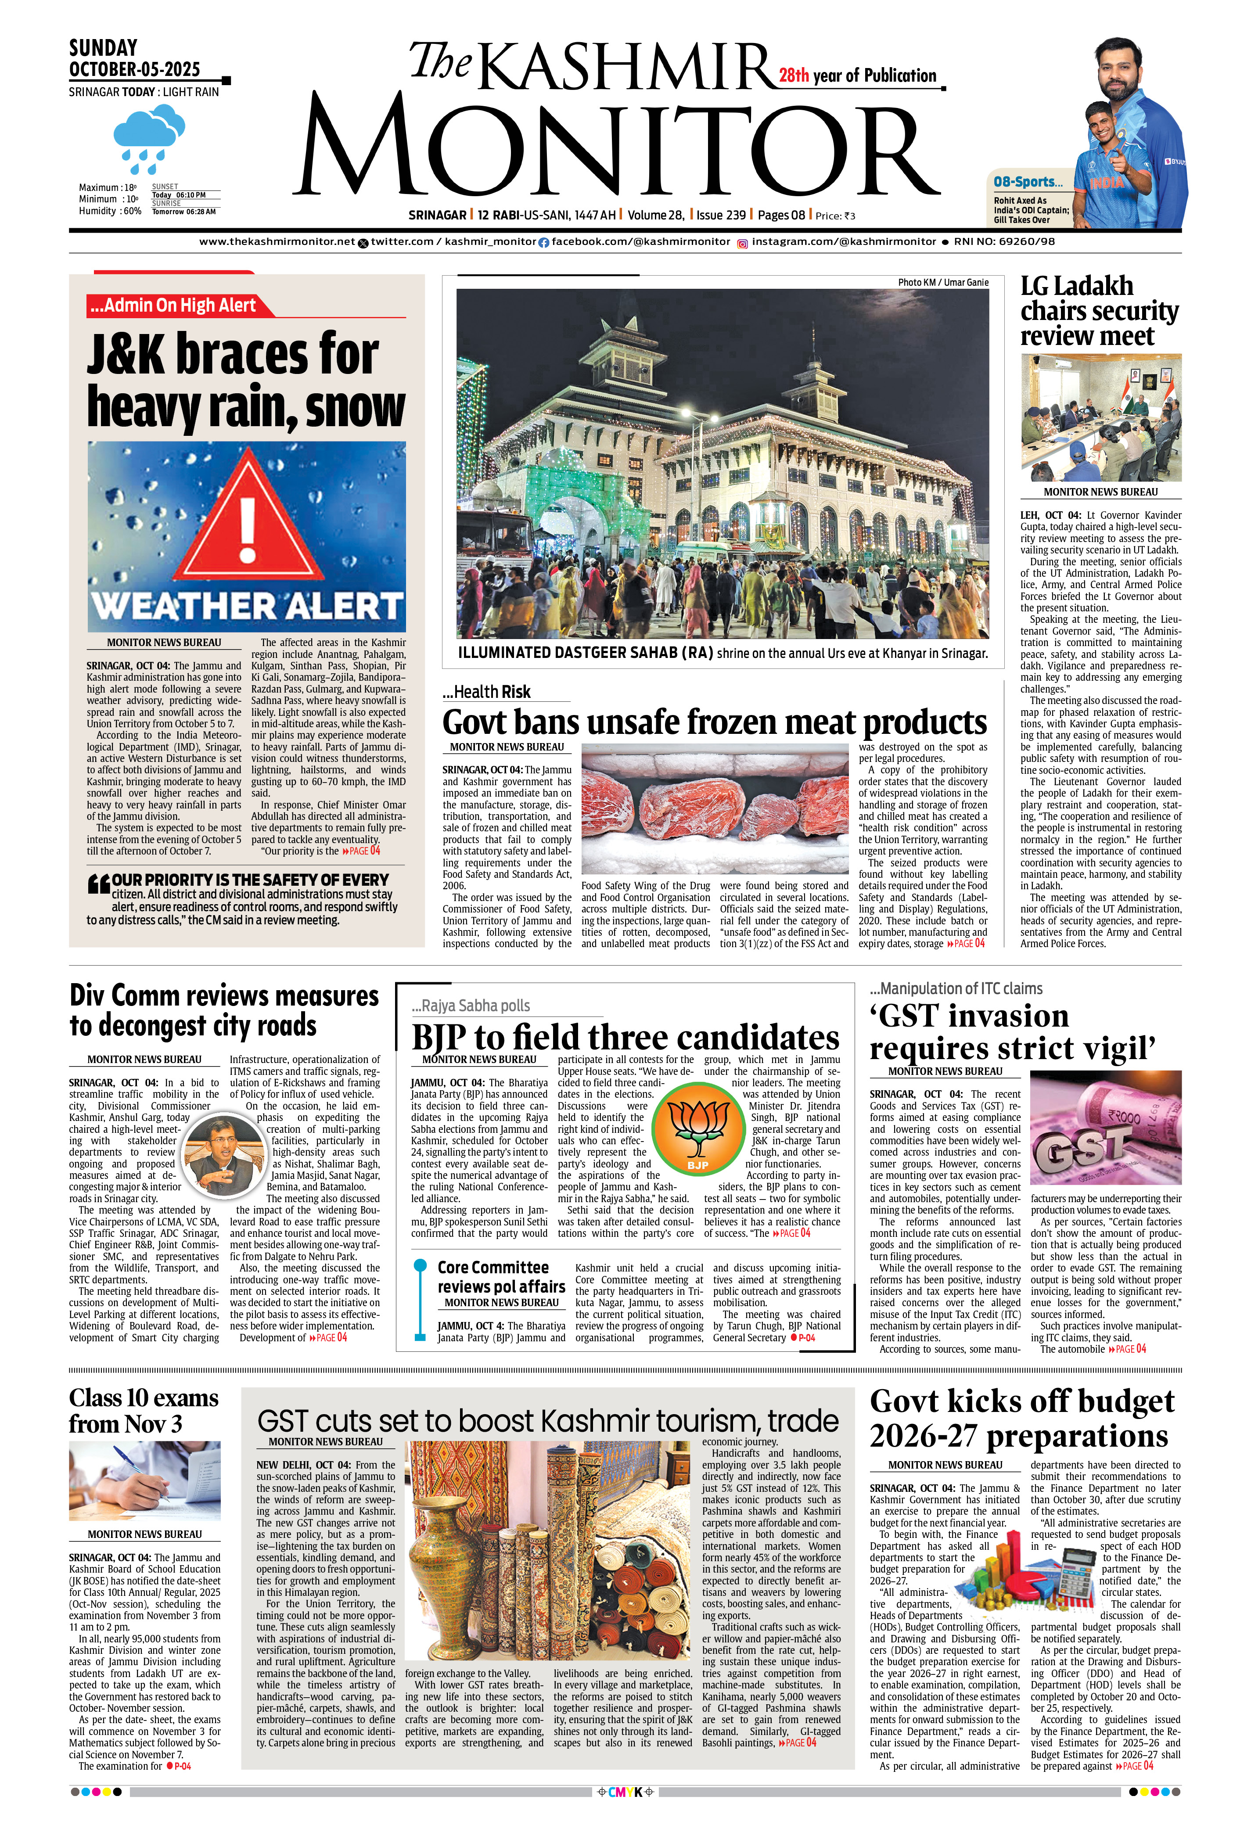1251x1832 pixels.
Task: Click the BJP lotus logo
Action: coord(697,1127)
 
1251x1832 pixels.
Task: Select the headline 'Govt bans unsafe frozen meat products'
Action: coord(714,722)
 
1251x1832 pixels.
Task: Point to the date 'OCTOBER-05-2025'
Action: coord(135,69)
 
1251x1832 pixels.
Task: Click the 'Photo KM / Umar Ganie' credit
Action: coord(943,282)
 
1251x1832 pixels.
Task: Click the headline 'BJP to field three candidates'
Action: coord(625,1038)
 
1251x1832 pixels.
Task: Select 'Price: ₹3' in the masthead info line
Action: coord(835,216)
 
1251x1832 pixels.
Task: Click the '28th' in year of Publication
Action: coord(794,75)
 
